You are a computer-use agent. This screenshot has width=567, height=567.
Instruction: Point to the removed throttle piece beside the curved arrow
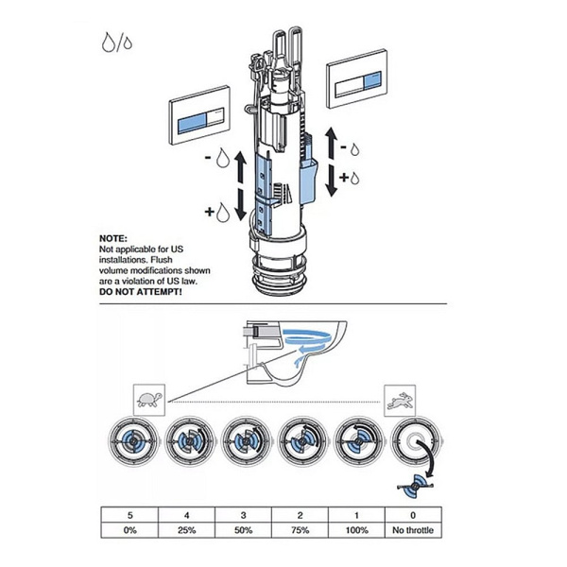414,488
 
